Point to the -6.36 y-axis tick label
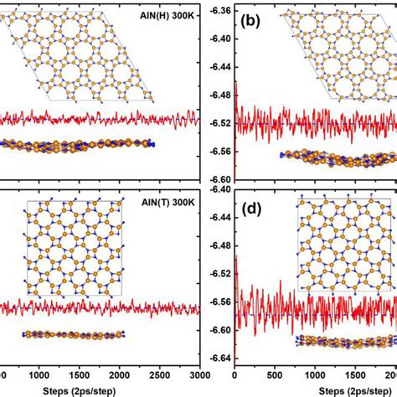click(x=219, y=9)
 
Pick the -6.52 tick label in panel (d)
click(x=219, y=274)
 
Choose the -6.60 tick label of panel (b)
click(x=219, y=179)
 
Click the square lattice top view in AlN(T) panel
click(x=75, y=248)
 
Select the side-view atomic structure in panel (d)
click(x=343, y=341)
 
